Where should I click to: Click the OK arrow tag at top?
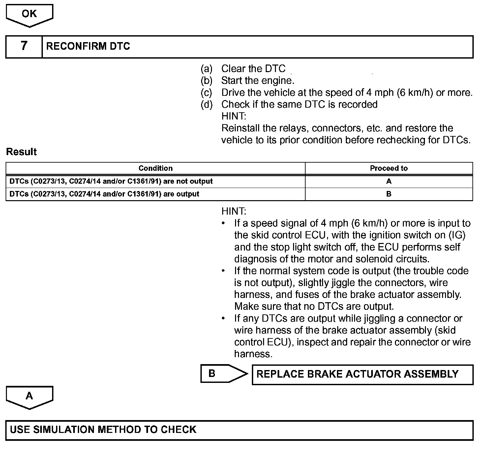point(29,14)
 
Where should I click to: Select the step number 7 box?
point(24,46)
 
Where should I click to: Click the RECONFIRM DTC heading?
point(88,46)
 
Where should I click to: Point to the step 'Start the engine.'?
point(257,81)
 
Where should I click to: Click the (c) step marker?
point(206,93)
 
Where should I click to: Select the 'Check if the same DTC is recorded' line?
point(299,104)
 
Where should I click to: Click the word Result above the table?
point(21,152)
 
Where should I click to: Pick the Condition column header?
point(155,168)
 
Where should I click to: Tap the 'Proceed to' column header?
point(389,168)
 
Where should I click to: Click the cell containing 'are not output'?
point(111,181)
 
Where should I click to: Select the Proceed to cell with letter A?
point(389,181)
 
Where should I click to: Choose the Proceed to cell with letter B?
point(389,194)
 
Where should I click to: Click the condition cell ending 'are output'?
point(104,194)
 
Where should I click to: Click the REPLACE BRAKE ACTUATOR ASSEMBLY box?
point(362,374)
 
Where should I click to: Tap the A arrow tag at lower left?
point(29,396)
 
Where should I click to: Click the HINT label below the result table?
point(234,211)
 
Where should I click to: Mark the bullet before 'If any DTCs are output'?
point(224,318)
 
